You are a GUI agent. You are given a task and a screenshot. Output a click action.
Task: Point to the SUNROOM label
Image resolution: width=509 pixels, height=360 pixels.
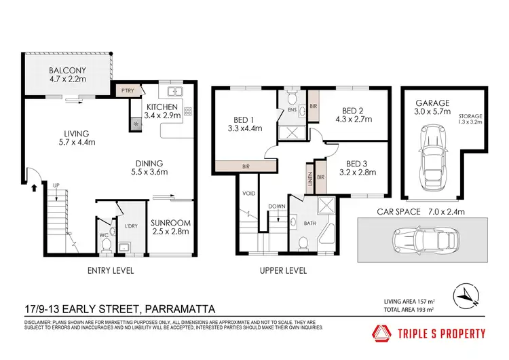[x=170, y=223]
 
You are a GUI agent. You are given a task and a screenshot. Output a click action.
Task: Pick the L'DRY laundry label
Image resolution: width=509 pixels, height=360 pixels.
[x=131, y=226]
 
